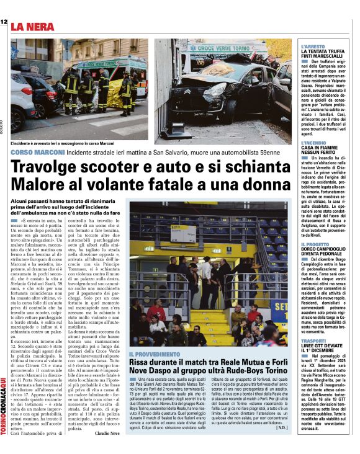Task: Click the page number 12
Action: click(4, 22)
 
